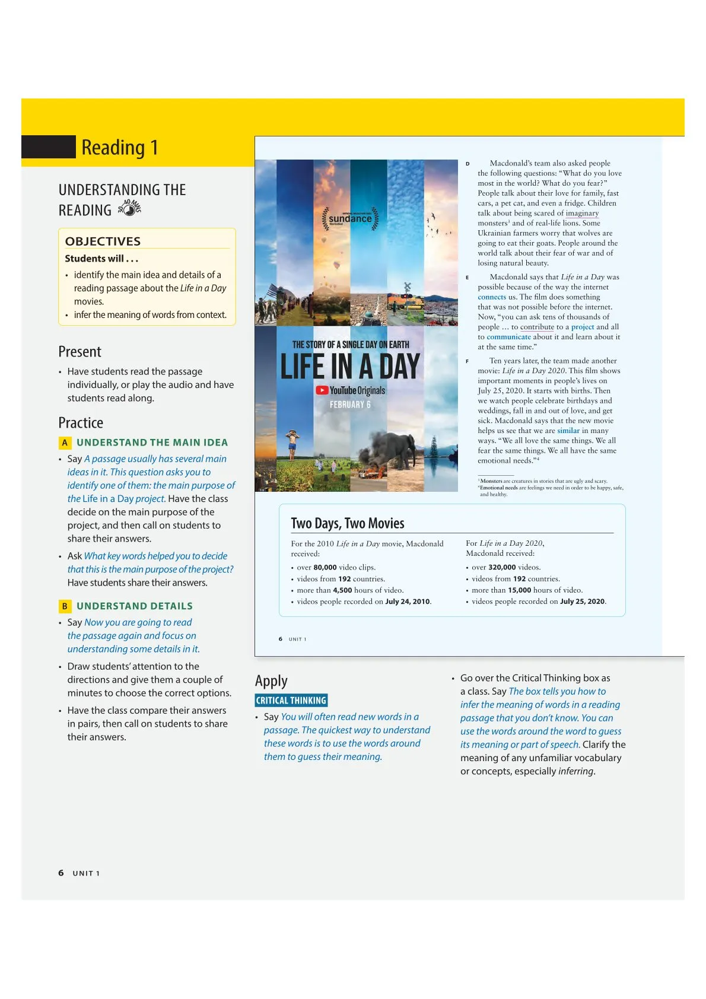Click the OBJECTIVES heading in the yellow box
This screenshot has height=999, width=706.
pos(103,241)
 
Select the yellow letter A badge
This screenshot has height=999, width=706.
pos(65,443)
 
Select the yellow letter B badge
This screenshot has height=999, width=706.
pos(65,606)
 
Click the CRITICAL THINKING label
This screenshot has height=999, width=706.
pos(291,701)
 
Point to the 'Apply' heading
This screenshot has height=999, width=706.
pos(271,680)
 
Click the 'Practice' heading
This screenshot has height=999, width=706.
pos(81,423)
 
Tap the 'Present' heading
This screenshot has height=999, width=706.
pos(79,352)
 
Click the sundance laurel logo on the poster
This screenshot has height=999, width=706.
pos(350,218)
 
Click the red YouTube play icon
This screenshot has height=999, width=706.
pos(322,390)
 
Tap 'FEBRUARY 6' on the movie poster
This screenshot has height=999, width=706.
pos(350,405)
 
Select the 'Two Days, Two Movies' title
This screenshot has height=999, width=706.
pos(347,523)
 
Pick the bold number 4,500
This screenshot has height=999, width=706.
pos(342,590)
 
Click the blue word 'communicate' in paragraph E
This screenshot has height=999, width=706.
pos(508,337)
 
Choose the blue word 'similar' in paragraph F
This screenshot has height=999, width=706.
pos(568,431)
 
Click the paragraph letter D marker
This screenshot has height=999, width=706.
pos(468,164)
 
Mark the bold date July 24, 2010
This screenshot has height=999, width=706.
pos(408,602)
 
